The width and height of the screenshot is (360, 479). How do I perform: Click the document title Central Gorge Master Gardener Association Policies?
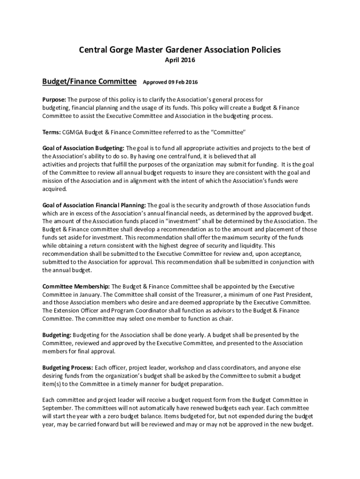click(x=180, y=50)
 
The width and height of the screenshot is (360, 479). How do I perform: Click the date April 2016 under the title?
click(x=180, y=60)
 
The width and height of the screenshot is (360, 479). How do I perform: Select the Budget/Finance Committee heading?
click(x=89, y=82)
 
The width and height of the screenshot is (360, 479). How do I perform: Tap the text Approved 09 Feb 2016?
click(x=170, y=83)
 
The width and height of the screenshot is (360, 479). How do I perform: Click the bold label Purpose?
click(x=54, y=100)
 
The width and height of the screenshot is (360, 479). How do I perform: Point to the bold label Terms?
click(x=51, y=132)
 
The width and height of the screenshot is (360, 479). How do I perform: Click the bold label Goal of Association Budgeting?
click(x=83, y=148)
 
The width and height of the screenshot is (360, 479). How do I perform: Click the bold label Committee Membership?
click(x=76, y=286)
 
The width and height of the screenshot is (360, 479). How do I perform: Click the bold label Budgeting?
click(x=57, y=335)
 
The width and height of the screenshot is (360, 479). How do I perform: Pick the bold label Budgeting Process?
click(x=68, y=367)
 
